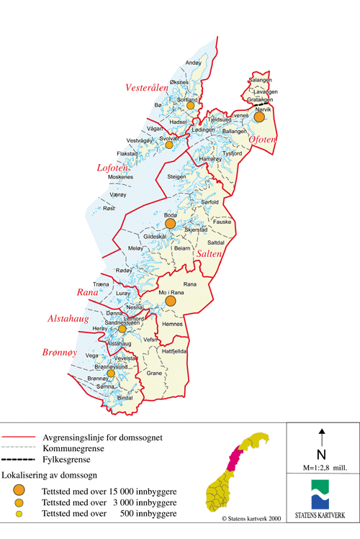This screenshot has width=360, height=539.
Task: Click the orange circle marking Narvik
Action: point(259,117)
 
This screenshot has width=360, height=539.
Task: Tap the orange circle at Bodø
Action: point(170,225)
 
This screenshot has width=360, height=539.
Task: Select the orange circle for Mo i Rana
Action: point(170,302)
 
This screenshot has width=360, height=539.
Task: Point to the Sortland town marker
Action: point(191,106)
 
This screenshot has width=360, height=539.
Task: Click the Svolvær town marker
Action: point(169,145)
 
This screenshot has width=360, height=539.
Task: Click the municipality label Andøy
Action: point(194,63)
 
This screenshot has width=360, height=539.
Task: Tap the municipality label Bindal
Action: point(125,397)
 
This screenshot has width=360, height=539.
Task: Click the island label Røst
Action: point(109,208)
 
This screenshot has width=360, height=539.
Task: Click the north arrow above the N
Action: point(321,440)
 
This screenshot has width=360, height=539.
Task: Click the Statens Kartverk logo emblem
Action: point(321,497)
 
